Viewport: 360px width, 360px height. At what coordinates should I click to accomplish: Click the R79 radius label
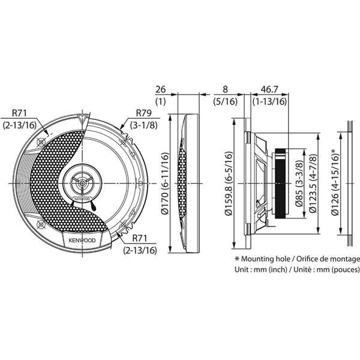click(144, 113)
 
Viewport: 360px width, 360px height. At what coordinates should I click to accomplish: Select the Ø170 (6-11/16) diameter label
click(165, 184)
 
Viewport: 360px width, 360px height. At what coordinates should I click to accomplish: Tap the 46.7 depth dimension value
click(269, 89)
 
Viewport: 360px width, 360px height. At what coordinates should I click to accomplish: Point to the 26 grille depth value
click(160, 89)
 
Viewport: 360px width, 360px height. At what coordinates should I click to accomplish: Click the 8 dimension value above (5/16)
click(225, 89)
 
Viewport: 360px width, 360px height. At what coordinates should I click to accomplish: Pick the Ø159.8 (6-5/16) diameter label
click(229, 184)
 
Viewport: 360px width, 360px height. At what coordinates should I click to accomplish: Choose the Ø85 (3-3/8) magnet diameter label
click(299, 183)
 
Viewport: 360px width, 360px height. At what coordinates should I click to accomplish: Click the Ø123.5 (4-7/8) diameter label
click(313, 183)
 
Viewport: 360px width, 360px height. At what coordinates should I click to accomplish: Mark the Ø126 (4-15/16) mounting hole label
click(335, 182)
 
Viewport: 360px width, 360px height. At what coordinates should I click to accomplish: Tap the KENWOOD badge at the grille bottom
click(82, 241)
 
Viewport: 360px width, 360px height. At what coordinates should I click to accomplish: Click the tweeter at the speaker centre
click(82, 183)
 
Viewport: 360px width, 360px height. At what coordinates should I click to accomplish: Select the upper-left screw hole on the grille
click(41, 142)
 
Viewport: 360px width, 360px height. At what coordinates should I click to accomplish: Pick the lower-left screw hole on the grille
click(41, 224)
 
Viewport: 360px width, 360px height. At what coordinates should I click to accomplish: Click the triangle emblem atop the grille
click(82, 119)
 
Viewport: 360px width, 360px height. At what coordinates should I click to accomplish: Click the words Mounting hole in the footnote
click(266, 259)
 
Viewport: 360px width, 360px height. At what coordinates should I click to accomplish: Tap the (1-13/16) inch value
click(270, 101)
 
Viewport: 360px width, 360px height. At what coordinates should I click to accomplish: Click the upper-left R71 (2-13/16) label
click(20, 119)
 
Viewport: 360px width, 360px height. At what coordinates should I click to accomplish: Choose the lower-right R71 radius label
click(140, 244)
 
